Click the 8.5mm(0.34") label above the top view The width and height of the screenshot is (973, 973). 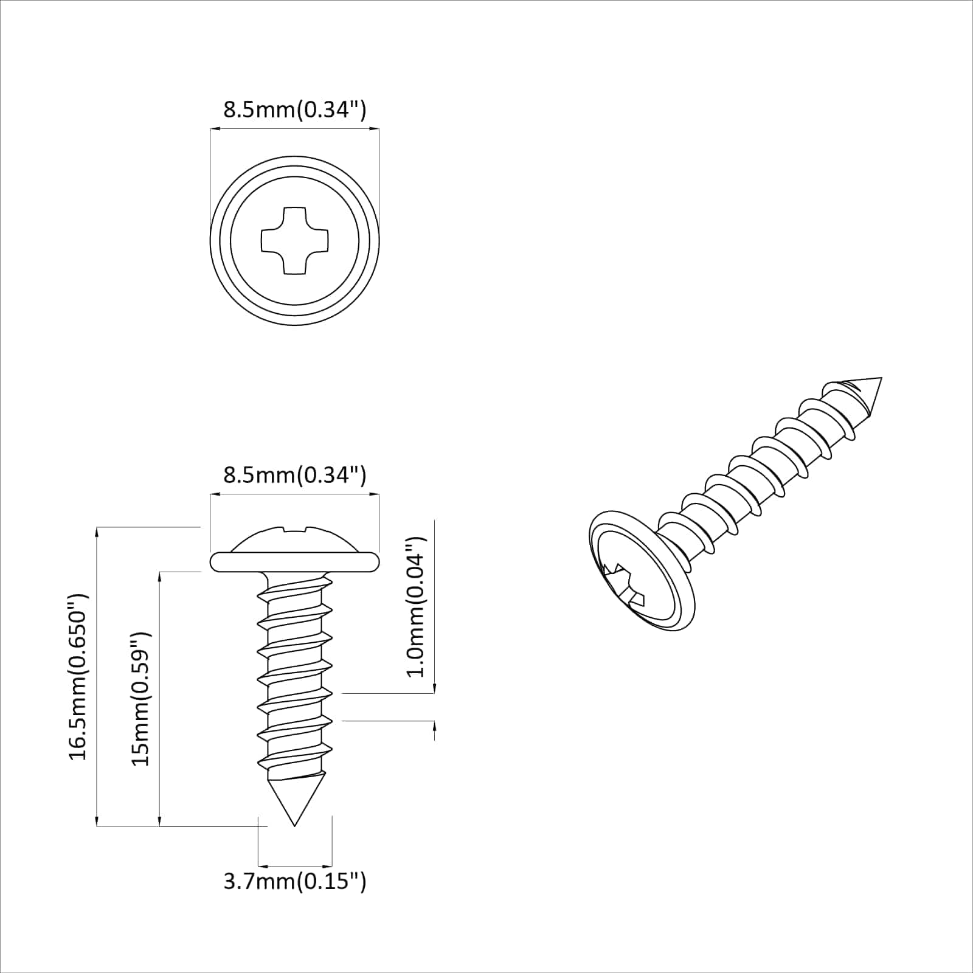[x=294, y=110]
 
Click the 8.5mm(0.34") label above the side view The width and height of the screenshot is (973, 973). [x=294, y=475]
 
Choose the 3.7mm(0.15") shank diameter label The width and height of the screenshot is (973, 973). [x=294, y=881]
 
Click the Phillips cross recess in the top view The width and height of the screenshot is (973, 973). [x=294, y=240]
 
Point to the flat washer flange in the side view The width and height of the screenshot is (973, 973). [x=294, y=562]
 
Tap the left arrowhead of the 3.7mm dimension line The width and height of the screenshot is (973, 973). [x=262, y=865]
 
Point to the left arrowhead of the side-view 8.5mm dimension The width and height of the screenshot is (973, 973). [x=214, y=494]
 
